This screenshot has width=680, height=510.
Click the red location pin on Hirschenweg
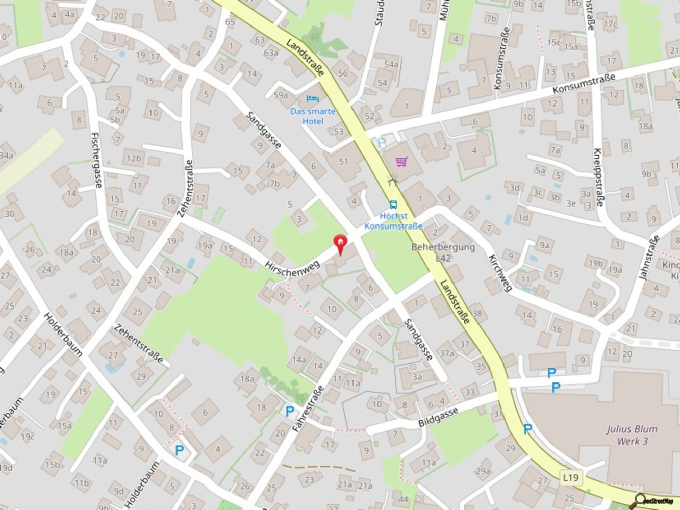tap(340, 244)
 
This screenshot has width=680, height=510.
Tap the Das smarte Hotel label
tap(313, 116)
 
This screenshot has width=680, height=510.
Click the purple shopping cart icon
tap(402, 162)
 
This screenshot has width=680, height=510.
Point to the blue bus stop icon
tap(393, 205)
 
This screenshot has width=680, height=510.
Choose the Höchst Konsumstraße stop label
tap(393, 222)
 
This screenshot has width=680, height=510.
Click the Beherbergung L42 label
tap(443, 252)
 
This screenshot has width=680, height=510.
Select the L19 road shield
tap(571, 478)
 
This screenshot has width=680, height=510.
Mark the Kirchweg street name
tap(500, 273)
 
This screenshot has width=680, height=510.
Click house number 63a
tap(270, 53)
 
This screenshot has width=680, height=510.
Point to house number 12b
tap(134, 158)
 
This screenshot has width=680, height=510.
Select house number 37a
tap(447, 353)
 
